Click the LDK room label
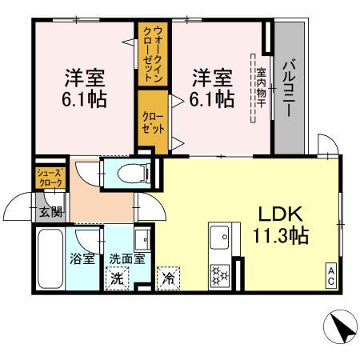coord(276,214)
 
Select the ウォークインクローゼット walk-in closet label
coord(152,54)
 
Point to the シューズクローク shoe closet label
coord(48,178)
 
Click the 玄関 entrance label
coord(50,212)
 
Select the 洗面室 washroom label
coord(126,258)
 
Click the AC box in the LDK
coord(330,274)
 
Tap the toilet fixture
coord(129,171)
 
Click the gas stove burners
coord(218,275)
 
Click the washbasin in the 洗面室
coord(141,239)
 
